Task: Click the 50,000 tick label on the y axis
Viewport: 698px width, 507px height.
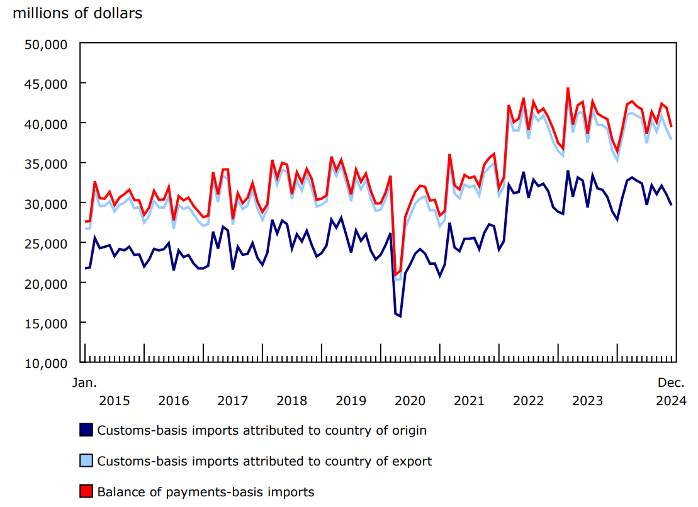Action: click(46, 44)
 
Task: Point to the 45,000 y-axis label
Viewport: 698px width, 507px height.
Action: click(46, 84)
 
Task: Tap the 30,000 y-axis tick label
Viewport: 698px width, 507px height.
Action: click(46, 204)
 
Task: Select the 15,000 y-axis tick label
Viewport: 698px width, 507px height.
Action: click(46, 323)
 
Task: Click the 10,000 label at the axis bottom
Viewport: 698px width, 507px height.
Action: click(46, 364)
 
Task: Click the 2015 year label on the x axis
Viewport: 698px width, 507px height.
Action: click(115, 401)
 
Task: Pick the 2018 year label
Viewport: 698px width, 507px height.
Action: click(292, 401)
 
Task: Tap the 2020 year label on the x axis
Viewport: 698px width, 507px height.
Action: click(410, 401)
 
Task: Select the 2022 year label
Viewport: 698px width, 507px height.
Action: click(529, 401)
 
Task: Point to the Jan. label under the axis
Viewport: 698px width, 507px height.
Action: click(84, 382)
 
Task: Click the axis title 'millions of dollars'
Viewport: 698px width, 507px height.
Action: click(77, 13)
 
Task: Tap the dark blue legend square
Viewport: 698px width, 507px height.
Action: click(86, 430)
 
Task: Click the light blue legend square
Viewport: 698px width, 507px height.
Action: click(86, 461)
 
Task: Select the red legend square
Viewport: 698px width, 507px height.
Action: click(86, 491)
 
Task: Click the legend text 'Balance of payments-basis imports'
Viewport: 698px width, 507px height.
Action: click(205, 492)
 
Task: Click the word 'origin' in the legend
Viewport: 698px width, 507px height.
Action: click(408, 431)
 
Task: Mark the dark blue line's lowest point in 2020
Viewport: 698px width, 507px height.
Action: click(400, 316)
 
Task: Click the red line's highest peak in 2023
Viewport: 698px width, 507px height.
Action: click(568, 89)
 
